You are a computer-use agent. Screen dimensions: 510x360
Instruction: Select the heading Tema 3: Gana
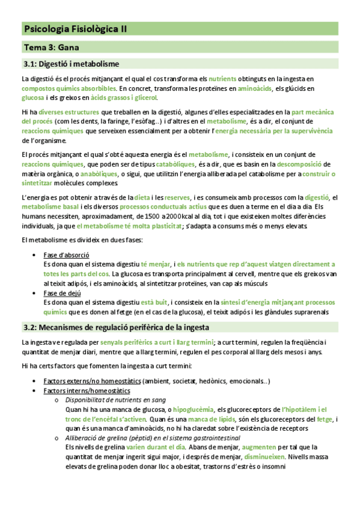[52, 47]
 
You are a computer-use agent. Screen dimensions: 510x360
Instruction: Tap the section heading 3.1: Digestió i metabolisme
[71, 64]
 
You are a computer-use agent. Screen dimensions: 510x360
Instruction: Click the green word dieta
[142, 197]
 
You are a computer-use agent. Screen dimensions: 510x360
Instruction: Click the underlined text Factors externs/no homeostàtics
[92, 381]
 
